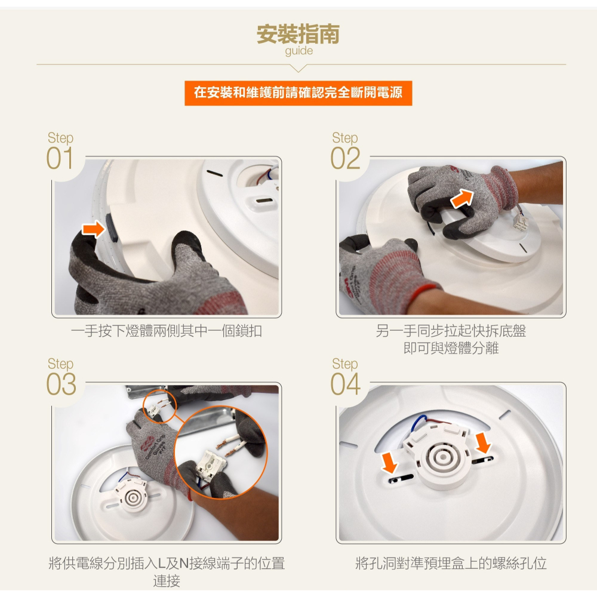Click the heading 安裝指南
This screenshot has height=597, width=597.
click(298, 34)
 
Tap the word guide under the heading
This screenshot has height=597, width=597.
click(298, 51)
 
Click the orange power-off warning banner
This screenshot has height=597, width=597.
click(298, 93)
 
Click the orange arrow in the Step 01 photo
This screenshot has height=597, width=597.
click(93, 229)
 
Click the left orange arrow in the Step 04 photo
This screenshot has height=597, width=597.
click(390, 461)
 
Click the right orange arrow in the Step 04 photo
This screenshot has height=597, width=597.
click(484, 442)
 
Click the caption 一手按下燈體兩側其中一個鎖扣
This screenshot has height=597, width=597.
click(167, 331)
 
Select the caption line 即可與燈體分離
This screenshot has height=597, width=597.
click(451, 348)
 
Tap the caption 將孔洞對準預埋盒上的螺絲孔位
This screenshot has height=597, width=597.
click(451, 563)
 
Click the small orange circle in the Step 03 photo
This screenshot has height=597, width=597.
click(161, 404)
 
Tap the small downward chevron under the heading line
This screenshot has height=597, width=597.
click(299, 67)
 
